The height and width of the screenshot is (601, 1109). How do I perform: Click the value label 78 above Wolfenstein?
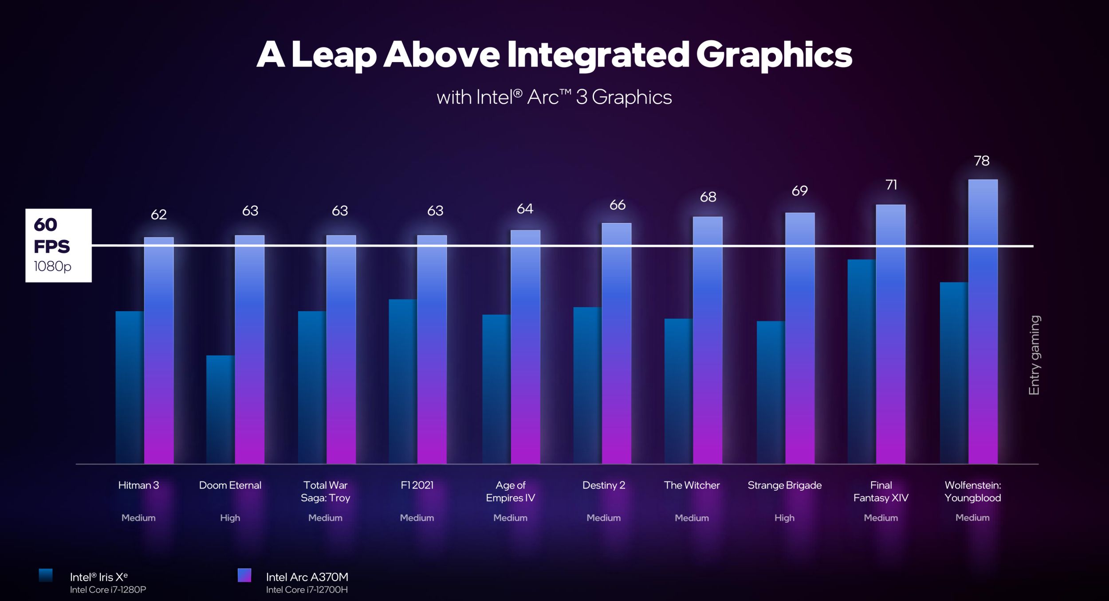click(x=982, y=160)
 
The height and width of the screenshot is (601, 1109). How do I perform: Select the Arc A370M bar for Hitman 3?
click(x=159, y=350)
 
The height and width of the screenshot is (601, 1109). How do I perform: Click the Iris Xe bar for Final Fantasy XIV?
click(x=861, y=361)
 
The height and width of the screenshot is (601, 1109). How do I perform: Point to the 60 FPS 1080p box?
click(x=59, y=245)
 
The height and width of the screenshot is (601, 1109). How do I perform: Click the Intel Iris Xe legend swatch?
click(x=46, y=575)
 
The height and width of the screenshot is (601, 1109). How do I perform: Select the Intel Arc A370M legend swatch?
click(x=244, y=575)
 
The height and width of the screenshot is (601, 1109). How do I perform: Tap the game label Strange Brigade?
click(x=784, y=485)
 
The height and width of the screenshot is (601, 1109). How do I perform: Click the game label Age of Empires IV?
click(x=510, y=492)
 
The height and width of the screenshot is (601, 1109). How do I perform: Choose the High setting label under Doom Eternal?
click(x=230, y=518)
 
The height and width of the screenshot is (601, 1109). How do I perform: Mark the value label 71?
click(x=891, y=185)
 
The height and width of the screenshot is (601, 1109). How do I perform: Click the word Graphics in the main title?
click(x=774, y=55)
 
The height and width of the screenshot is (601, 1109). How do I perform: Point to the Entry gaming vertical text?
click(x=1034, y=355)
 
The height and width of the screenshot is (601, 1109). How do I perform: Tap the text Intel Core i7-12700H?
click(x=307, y=590)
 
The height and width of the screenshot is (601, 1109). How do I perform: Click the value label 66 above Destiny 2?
click(x=617, y=205)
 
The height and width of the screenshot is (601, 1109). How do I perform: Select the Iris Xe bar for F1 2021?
click(x=403, y=381)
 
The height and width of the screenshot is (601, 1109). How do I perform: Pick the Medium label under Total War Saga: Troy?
click(x=325, y=518)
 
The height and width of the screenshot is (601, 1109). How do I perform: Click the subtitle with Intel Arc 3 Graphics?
click(x=554, y=97)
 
